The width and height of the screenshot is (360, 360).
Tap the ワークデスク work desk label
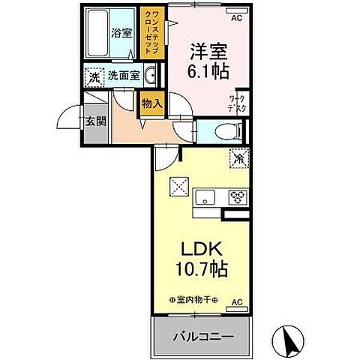tap(237, 103)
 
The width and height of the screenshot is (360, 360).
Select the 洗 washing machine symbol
tap(94, 76)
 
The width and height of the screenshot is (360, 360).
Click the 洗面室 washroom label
tap(123, 75)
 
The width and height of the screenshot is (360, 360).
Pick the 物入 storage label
tap(151, 103)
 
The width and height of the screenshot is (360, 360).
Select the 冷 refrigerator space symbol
tap(238, 159)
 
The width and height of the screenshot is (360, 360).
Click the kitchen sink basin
tap(205, 198)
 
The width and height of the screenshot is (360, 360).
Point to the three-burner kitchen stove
tap(238, 198)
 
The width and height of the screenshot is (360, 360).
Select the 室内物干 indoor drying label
tap(193, 301)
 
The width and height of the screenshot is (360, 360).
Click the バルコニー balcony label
tap(200, 334)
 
